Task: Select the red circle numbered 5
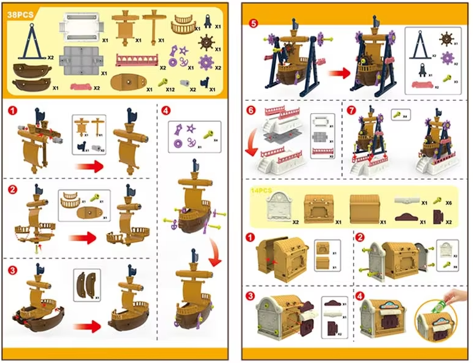[x=253, y=24]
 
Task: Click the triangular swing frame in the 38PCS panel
[x=29, y=42]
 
